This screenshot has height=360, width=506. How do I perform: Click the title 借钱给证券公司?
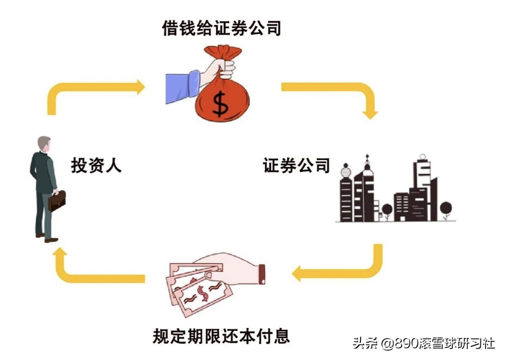pos(222,28)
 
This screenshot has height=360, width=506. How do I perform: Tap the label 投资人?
pos(96,165)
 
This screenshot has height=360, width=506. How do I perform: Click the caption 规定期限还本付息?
pos(221,336)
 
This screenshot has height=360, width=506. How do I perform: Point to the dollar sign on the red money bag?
pos(222,103)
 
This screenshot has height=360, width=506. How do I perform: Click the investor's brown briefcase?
pos(57,200)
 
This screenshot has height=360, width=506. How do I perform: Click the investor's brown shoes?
pos(47,238)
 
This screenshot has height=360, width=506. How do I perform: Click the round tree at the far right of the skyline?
pos(446,208)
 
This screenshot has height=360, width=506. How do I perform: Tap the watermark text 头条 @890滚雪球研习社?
pos(424,343)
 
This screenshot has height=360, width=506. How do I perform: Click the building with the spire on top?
pos(367,188)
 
